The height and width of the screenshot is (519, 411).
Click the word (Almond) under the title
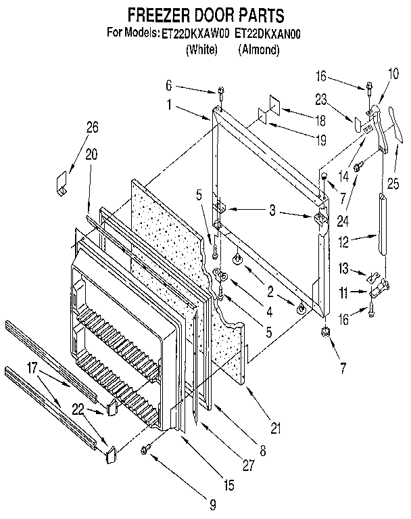coord(259,49)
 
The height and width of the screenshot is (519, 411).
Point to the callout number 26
coord(92,126)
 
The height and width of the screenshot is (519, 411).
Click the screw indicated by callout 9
coord(145,451)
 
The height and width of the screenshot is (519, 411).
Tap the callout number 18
coord(321,120)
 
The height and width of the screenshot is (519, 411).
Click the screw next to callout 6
coord(220,91)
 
